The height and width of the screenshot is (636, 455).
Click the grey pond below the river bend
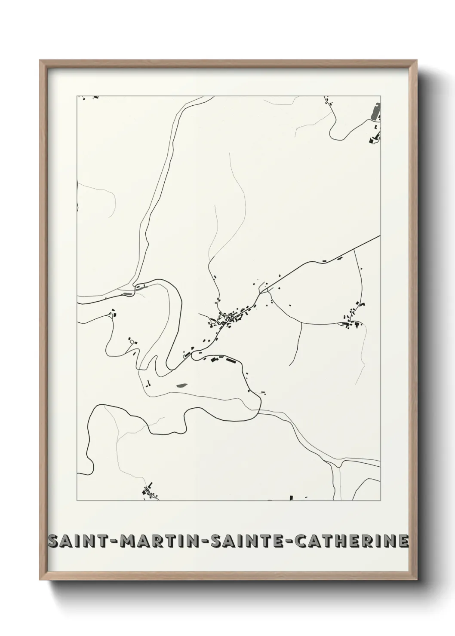point(181,385)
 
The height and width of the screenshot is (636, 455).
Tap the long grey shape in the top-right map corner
point(375,110)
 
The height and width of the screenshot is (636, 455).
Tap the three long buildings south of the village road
point(219,359)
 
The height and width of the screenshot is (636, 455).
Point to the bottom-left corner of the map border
point(77,500)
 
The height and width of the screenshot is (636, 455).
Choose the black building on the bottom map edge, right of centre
point(291,498)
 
